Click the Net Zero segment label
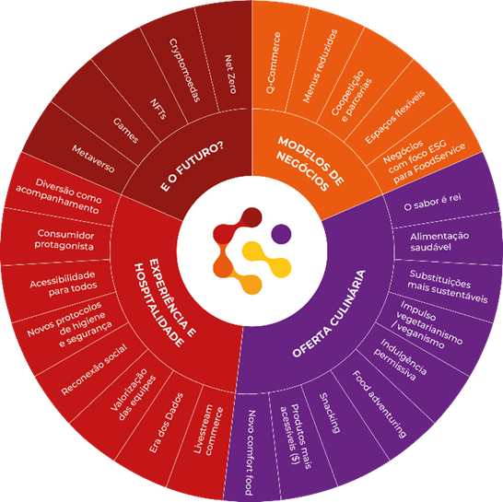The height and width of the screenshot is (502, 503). [230, 74]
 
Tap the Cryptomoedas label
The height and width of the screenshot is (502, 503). [185, 70]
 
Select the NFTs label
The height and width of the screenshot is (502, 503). [158, 109]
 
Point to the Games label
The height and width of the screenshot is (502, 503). [125, 130]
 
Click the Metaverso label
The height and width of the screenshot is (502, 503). [93, 158]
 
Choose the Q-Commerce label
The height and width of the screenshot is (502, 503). [274, 63]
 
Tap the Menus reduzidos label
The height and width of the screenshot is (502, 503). [321, 66]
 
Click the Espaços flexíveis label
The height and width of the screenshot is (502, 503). [395, 117]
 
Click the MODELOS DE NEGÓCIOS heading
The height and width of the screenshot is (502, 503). [310, 164]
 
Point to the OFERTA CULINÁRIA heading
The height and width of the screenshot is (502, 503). [329, 314]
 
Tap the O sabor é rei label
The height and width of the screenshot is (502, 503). [432, 203]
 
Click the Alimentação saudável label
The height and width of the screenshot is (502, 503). [439, 241]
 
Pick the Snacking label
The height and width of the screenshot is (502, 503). [330, 414]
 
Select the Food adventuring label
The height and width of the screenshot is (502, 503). [380, 404]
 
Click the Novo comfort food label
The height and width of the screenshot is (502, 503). [251, 452]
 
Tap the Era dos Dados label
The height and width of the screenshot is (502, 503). [166, 423]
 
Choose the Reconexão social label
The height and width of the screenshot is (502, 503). [94, 369]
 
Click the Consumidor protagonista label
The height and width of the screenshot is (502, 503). [64, 239]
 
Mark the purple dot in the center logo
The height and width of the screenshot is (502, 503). [281, 234]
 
